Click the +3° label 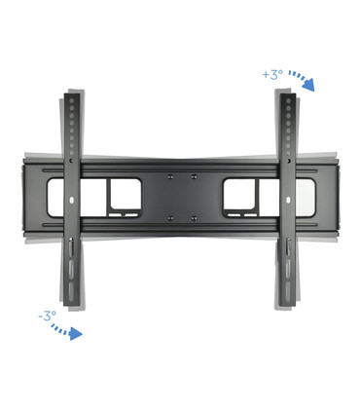click(272, 74)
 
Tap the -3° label click(47, 316)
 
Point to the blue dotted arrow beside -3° click(66, 331)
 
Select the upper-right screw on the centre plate click(193, 176)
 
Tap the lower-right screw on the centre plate click(193, 217)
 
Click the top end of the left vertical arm click(73, 95)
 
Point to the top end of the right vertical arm click(286, 95)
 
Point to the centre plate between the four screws click(181, 197)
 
